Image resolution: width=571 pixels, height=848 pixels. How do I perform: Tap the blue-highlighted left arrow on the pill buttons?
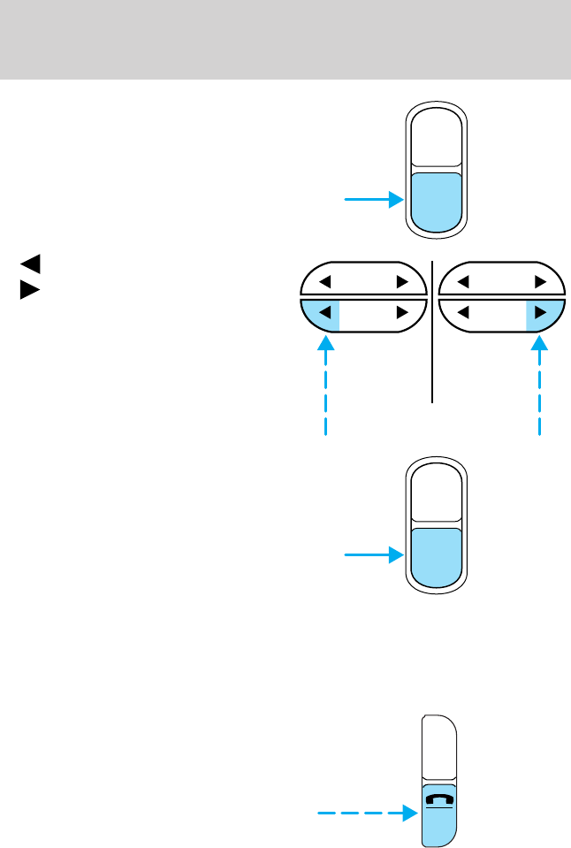(324, 311)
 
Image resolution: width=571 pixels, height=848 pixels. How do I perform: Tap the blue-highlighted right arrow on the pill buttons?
(540, 311)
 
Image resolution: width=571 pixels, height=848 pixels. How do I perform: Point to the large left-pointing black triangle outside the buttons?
(30, 263)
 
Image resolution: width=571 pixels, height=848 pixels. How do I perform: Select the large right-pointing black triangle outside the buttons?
(30, 288)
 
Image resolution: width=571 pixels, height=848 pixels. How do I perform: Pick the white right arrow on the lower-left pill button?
(402, 311)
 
